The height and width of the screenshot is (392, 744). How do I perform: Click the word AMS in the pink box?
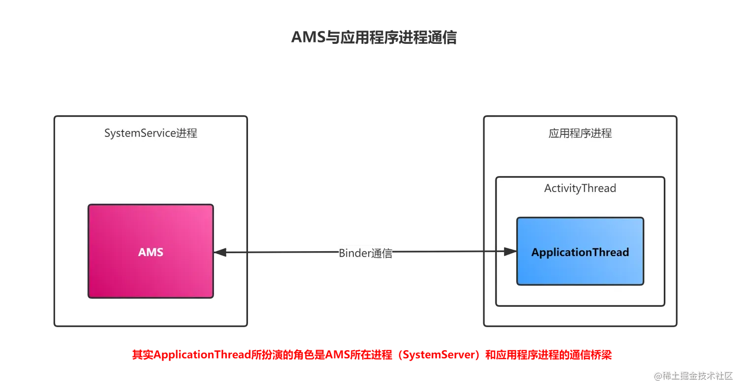pyautogui.click(x=151, y=252)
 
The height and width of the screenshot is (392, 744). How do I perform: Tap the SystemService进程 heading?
pyautogui.click(x=151, y=133)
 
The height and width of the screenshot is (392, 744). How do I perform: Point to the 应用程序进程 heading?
pyautogui.click(x=580, y=133)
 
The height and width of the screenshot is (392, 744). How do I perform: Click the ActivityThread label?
pyautogui.click(x=580, y=188)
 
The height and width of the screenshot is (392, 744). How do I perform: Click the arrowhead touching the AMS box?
pyautogui.click(x=220, y=252)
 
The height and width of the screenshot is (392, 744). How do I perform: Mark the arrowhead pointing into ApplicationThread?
pyautogui.click(x=510, y=252)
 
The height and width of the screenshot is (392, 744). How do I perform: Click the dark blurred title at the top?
pyautogui.click(x=374, y=37)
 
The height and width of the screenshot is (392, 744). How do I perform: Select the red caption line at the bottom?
pyautogui.click(x=372, y=355)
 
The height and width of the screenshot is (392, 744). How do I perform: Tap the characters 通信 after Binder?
pyautogui.click(x=382, y=253)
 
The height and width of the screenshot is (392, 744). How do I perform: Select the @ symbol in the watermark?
pyautogui.click(x=657, y=375)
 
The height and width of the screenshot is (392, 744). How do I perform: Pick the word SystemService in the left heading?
pyautogui.click(x=139, y=133)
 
